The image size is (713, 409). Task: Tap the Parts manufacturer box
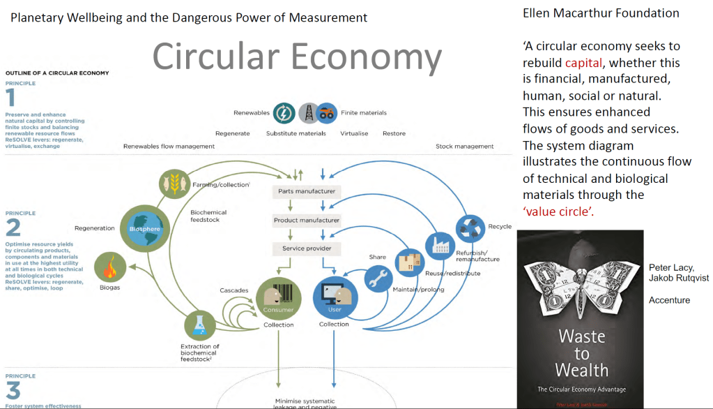306,191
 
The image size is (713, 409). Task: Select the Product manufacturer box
306,220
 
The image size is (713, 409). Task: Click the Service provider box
306,248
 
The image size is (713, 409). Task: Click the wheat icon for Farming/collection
174,184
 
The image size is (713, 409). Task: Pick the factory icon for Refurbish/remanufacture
440,246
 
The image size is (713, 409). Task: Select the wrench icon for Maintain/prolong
378,278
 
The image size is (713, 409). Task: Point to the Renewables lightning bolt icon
284,112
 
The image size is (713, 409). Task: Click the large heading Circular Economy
296,57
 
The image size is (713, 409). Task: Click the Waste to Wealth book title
581,352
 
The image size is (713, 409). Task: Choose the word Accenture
669,300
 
